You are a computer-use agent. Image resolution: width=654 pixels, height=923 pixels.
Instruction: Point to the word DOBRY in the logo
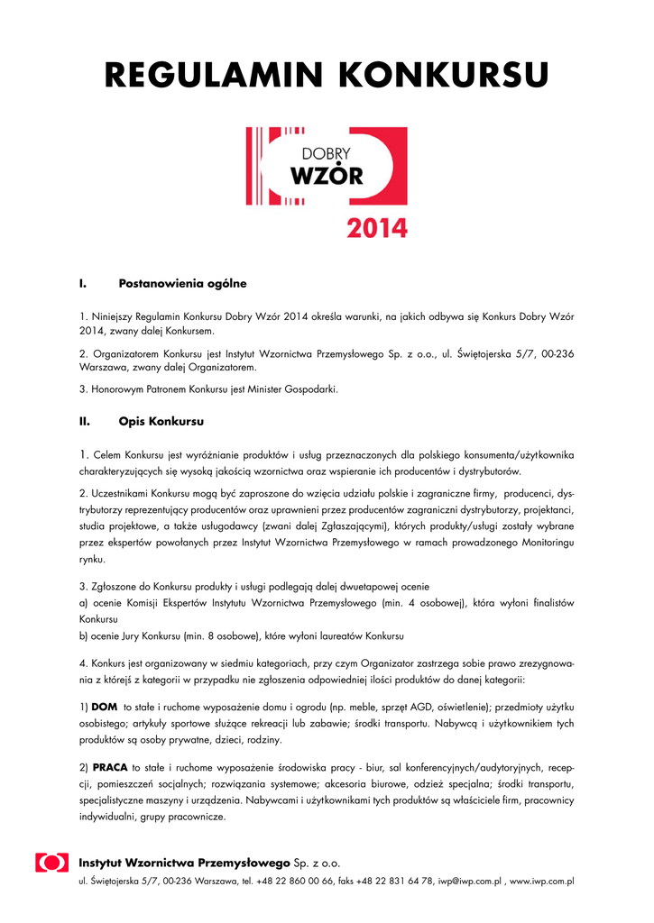point(326,151)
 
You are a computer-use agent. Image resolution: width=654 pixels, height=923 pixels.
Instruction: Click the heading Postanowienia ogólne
point(182,284)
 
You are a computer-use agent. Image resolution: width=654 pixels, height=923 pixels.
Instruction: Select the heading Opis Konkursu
point(161,421)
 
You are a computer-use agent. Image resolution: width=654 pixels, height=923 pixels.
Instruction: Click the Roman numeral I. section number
point(83,284)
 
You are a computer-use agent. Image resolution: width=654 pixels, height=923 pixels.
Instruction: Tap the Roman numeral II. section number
point(85,421)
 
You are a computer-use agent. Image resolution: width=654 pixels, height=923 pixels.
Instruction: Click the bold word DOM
point(105,706)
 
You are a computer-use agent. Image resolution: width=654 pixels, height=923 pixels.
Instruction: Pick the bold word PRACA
point(110,767)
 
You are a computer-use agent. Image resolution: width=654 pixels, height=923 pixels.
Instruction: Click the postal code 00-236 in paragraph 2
point(555,352)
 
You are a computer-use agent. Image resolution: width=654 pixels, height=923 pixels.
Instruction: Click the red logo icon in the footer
point(51,863)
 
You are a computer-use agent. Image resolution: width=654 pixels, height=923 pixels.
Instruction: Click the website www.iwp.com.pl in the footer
point(542,882)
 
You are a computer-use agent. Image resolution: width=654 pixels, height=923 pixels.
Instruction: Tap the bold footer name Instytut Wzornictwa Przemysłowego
point(184,863)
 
